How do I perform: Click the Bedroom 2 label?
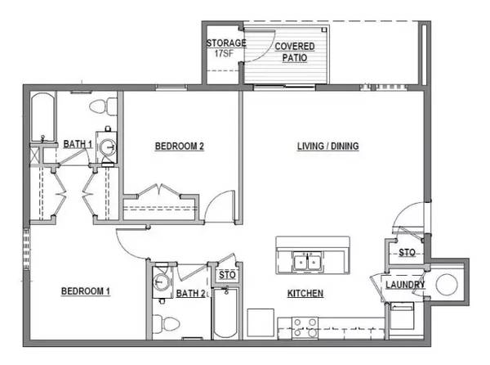[x=180, y=146]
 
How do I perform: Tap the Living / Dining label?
[x=327, y=146]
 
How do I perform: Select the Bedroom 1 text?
[x=85, y=291]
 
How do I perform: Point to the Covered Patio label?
[x=294, y=52]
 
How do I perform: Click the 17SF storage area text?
[x=224, y=53]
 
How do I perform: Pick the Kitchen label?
[x=305, y=293]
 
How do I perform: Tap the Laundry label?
[x=405, y=285]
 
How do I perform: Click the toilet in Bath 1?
[x=103, y=106]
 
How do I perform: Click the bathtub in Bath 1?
[x=43, y=116]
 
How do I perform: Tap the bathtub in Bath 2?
[x=225, y=313]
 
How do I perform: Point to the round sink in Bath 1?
[x=109, y=147]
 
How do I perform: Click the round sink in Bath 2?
[x=161, y=282]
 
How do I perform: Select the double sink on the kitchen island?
[x=307, y=260]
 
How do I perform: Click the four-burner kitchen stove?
[x=305, y=327]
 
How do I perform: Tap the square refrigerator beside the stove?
[x=261, y=322]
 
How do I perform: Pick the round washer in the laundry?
[x=447, y=285]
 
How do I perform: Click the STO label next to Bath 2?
[x=227, y=275]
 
